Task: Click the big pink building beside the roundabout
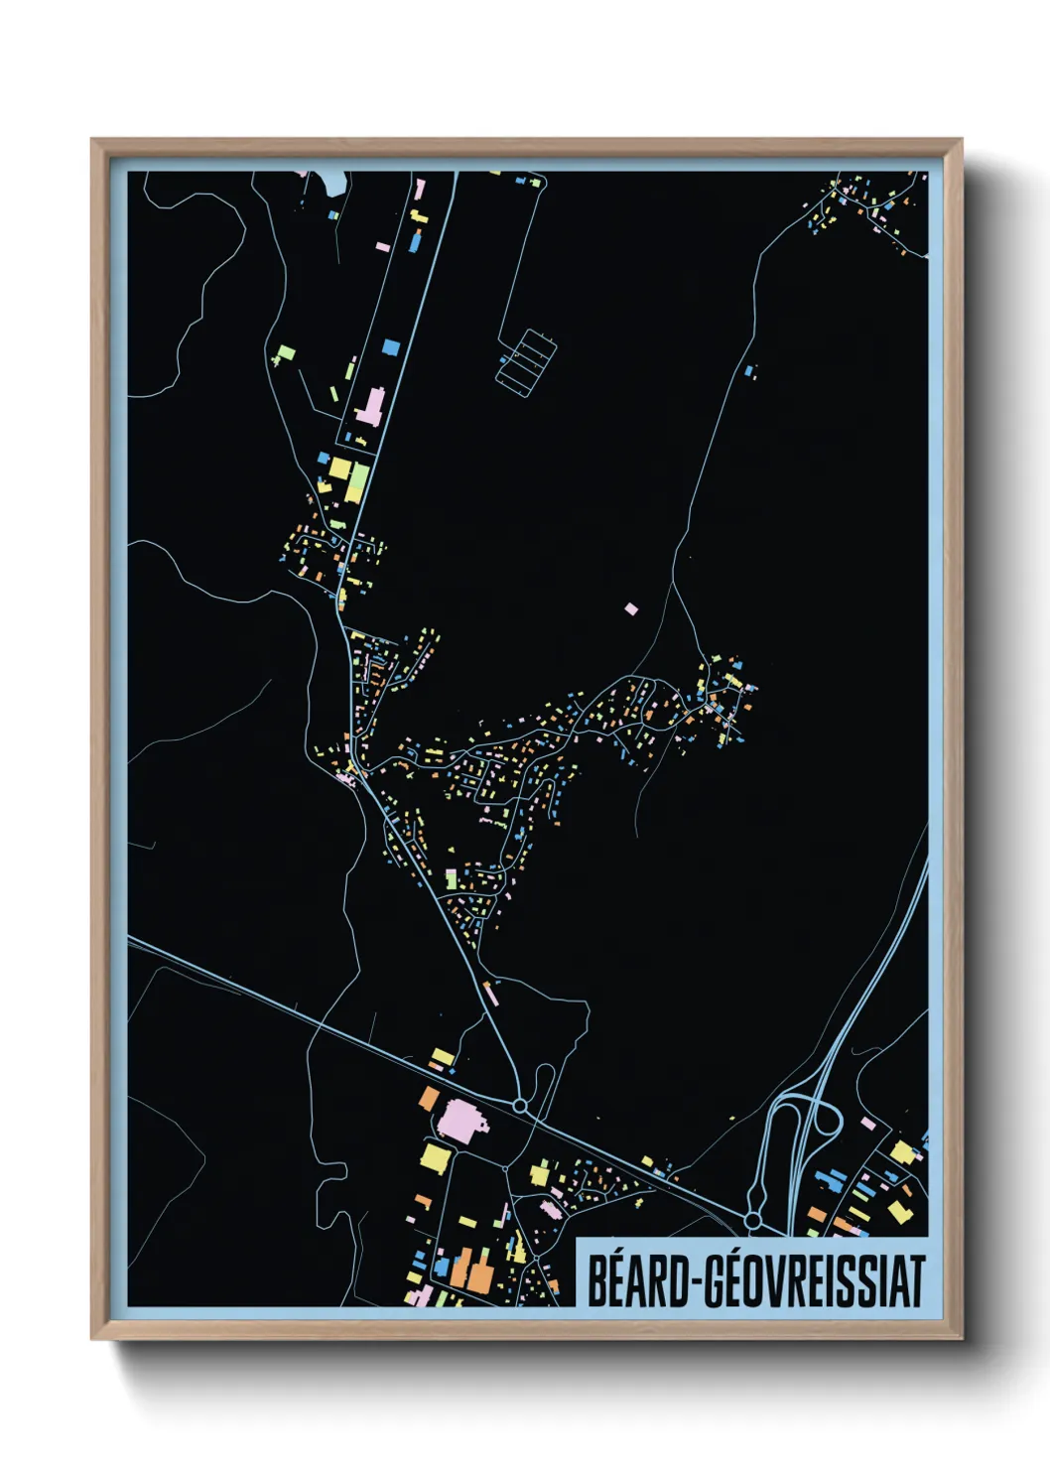(461, 1122)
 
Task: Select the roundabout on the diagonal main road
(519, 1105)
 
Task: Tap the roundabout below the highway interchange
(752, 1218)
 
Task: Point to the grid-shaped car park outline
(526, 361)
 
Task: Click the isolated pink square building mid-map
(631, 608)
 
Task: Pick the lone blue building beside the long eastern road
(750, 372)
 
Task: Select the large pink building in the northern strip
(371, 407)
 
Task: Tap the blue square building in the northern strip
(390, 346)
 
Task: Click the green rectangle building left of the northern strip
(287, 352)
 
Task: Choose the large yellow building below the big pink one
(435, 1156)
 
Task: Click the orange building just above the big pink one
(429, 1098)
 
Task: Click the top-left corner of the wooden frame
(93, 141)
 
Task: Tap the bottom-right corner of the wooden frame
(960, 1338)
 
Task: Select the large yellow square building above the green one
(340, 467)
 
